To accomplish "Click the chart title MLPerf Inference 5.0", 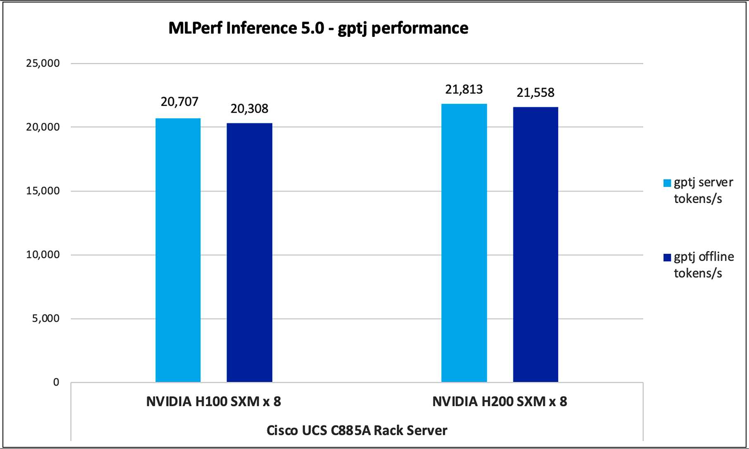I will [x=318, y=28].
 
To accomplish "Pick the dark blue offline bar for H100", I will [x=249, y=252].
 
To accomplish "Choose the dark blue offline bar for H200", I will [x=535, y=244].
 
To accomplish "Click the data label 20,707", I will [x=179, y=102].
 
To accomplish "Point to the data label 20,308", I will [x=249, y=109].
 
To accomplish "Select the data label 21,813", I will [x=464, y=89].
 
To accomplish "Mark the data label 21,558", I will [x=535, y=93].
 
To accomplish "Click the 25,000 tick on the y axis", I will [x=43, y=63].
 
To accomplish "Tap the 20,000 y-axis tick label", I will [x=43, y=127].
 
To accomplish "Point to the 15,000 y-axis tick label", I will [x=43, y=191].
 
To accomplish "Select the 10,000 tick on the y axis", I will [x=43, y=255].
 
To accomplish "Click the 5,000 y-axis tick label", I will [x=45, y=318].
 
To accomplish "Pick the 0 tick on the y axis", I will [x=56, y=382].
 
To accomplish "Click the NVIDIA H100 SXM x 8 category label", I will [x=213, y=401].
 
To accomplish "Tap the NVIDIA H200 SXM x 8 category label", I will [x=499, y=401].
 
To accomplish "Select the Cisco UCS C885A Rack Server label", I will [x=357, y=430].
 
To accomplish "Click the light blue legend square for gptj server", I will [x=667, y=183].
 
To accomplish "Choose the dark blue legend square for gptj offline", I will [x=667, y=257].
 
